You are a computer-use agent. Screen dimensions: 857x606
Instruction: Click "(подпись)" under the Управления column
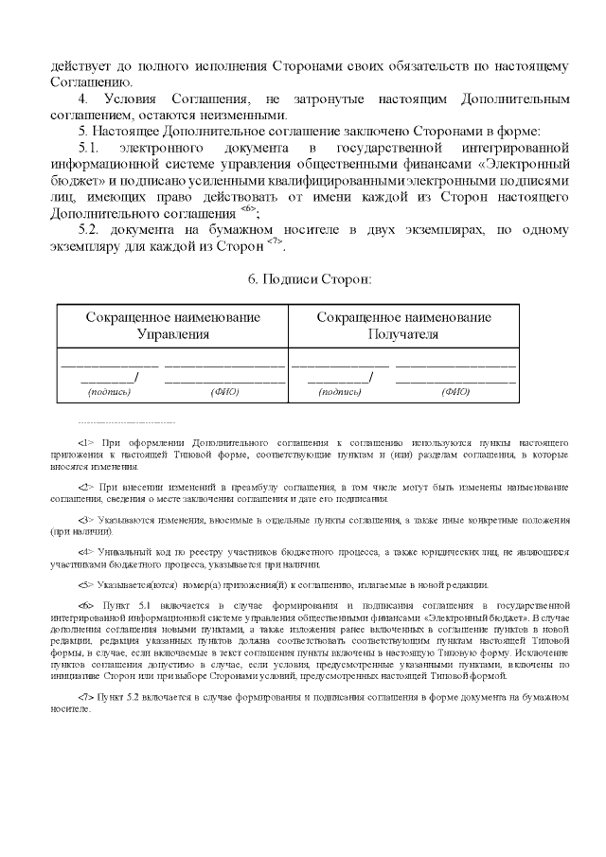(x=109, y=391)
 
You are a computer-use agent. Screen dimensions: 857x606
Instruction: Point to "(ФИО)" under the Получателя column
(x=455, y=391)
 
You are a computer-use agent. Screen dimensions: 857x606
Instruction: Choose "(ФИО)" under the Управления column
(x=225, y=391)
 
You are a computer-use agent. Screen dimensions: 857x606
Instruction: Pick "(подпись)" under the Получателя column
(x=340, y=391)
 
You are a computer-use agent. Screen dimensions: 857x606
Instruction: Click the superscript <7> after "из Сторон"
(x=275, y=242)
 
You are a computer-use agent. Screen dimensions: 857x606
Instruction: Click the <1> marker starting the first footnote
(x=86, y=442)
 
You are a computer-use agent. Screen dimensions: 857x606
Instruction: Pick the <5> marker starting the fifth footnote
(x=86, y=584)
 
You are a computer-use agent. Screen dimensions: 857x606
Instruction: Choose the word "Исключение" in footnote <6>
(x=539, y=652)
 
